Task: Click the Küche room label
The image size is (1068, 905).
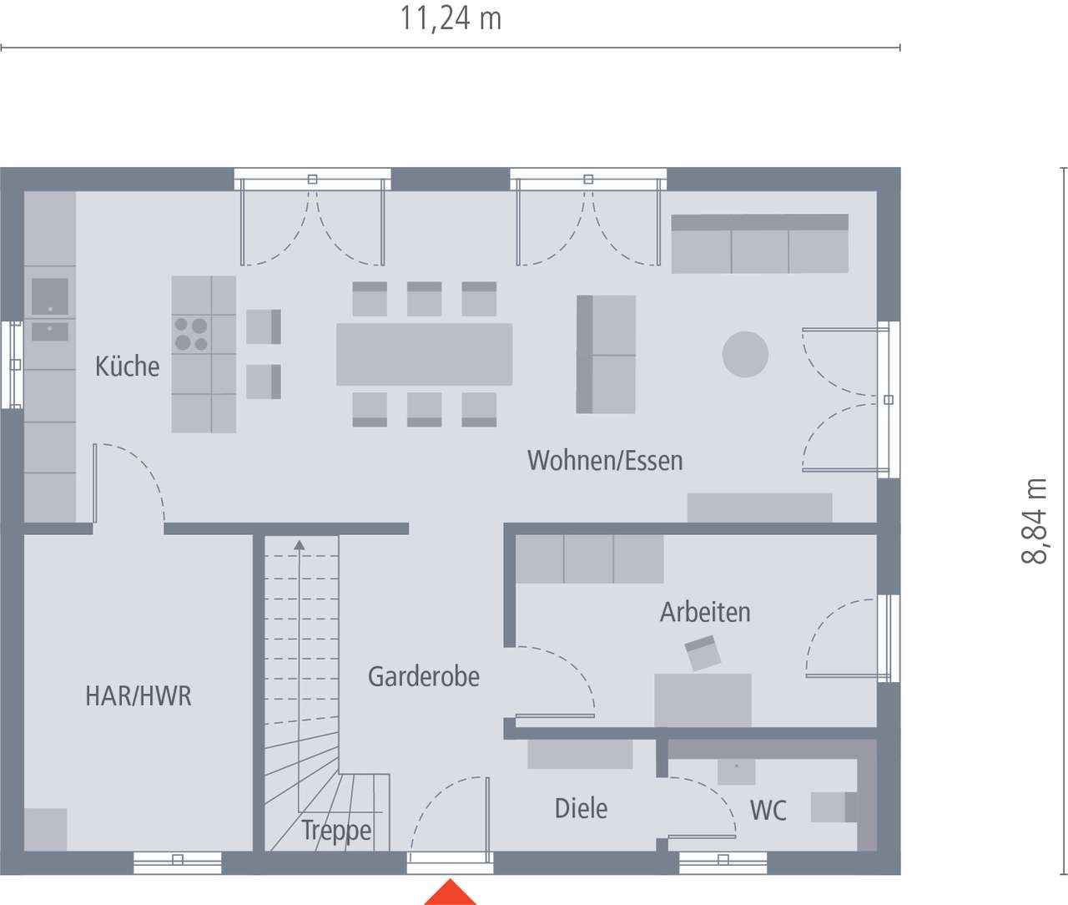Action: click(127, 367)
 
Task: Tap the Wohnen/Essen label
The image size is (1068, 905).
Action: click(605, 460)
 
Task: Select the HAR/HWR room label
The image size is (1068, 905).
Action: click(139, 695)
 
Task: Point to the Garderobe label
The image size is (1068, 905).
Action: click(424, 677)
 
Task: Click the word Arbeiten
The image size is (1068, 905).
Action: click(705, 612)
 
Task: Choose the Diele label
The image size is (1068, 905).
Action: click(581, 808)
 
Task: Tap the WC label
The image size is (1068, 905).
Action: click(768, 811)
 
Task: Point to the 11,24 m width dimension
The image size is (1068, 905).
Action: click(451, 18)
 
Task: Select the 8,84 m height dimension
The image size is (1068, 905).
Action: click(1035, 521)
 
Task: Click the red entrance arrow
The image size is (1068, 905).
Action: click(450, 892)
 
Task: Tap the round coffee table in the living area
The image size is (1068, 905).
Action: click(745, 354)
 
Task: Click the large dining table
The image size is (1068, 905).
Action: click(424, 354)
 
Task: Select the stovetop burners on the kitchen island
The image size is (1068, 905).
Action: click(191, 334)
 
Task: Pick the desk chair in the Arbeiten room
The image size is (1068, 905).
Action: click(703, 653)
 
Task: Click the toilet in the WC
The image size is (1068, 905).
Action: click(834, 807)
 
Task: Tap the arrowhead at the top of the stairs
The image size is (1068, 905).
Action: click(300, 544)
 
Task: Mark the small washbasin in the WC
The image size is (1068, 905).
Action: click(736, 771)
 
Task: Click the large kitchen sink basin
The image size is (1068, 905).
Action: click(49, 296)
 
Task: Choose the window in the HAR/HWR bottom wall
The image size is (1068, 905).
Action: click(177, 863)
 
